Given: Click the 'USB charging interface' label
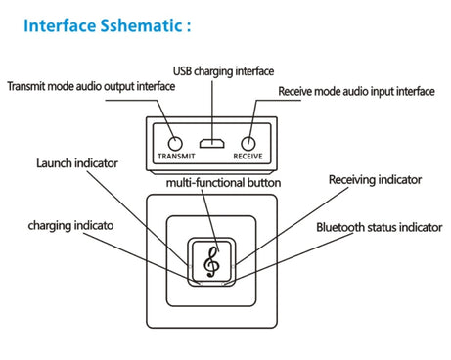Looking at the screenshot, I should (x=223, y=71).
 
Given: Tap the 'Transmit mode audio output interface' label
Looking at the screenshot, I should (x=91, y=87).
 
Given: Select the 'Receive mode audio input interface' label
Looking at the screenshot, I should (x=356, y=91).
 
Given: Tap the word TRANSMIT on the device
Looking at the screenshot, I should (x=176, y=156).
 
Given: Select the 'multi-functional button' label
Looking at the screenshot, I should (x=224, y=182).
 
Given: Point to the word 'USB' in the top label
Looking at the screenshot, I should (x=184, y=71).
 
